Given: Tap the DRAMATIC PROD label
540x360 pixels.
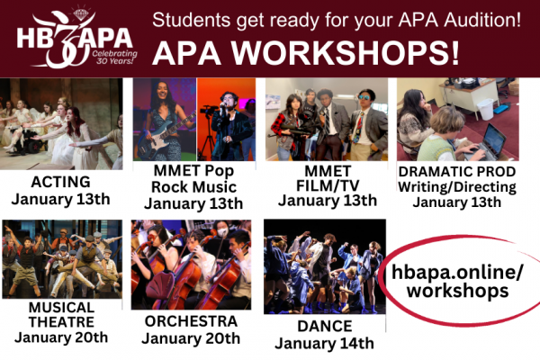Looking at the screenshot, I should click(x=457, y=170).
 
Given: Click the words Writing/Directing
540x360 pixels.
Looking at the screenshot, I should click(x=457, y=186).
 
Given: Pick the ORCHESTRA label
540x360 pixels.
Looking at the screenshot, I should click(x=191, y=321).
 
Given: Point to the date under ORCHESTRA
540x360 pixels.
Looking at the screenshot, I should click(x=191, y=338).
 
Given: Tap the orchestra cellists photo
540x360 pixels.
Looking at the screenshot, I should click(x=191, y=265).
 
